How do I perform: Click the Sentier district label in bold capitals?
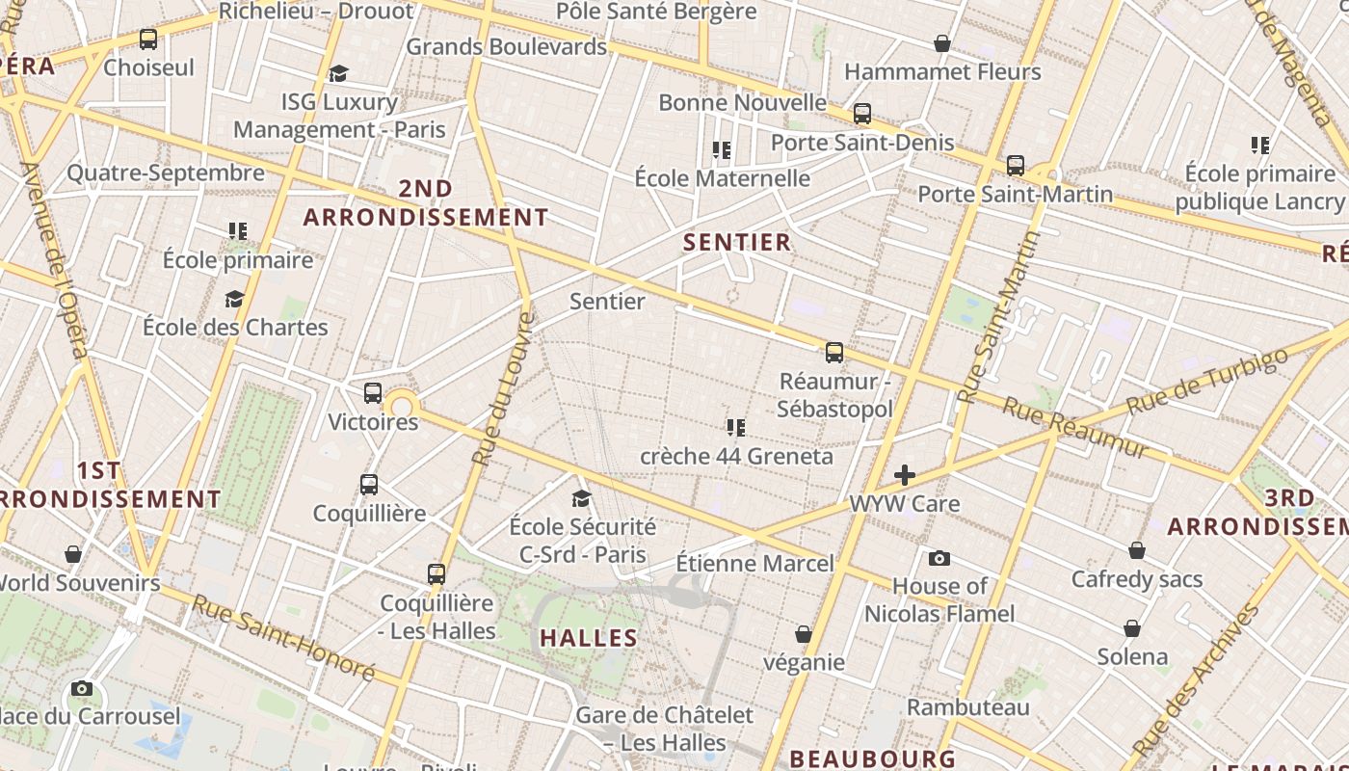pyautogui.click(x=737, y=242)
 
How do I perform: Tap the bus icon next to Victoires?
pyautogui.click(x=373, y=393)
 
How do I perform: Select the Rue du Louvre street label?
pyautogui.click(x=498, y=388)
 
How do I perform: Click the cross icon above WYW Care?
pyautogui.click(x=904, y=474)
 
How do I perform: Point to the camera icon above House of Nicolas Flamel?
pyautogui.click(x=939, y=558)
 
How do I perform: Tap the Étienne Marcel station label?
pyautogui.click(x=754, y=563)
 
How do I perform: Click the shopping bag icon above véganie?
pyautogui.click(x=804, y=634)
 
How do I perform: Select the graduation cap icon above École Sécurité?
pyautogui.click(x=581, y=498)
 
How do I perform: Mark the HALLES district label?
pyautogui.click(x=588, y=638)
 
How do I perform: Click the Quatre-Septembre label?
pyautogui.click(x=165, y=173)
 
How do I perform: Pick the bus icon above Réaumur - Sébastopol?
pyautogui.click(x=834, y=352)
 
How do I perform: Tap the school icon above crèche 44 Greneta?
pyautogui.click(x=736, y=427)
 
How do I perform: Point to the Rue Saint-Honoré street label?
pyautogui.click(x=282, y=636)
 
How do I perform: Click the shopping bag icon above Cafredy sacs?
pyautogui.click(x=1137, y=550)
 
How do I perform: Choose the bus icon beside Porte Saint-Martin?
pyautogui.click(x=1015, y=166)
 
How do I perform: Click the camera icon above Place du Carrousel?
pyautogui.click(x=82, y=688)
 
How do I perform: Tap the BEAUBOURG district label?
pyautogui.click(x=872, y=758)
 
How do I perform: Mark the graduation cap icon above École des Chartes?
pyautogui.click(x=234, y=299)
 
